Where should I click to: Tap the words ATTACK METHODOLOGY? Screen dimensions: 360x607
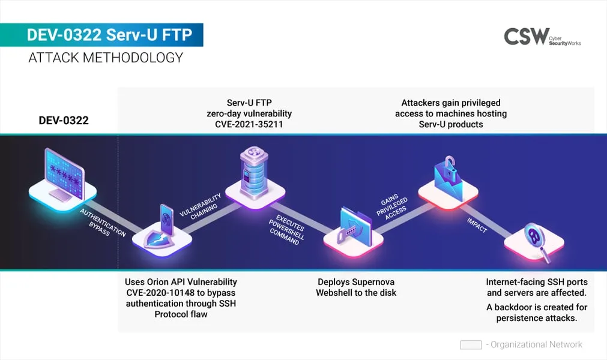[x=106, y=58]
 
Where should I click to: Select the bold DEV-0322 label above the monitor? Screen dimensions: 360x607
[x=64, y=121]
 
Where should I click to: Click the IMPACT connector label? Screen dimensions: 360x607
[x=477, y=225]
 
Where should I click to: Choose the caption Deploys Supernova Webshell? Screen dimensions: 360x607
[x=356, y=287]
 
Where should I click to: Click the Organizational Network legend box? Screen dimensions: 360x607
[x=471, y=345]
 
